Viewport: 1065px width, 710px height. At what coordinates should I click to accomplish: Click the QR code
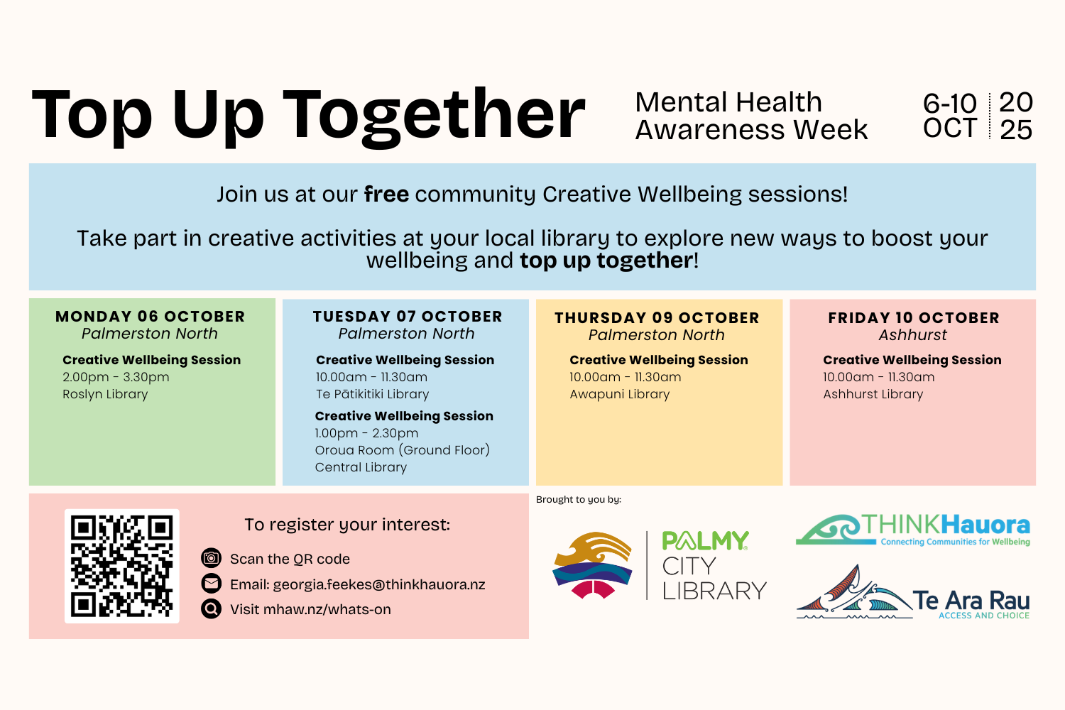click(121, 566)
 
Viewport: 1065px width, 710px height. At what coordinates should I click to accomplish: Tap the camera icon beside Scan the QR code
click(211, 558)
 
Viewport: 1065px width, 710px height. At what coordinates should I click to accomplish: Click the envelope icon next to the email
click(211, 584)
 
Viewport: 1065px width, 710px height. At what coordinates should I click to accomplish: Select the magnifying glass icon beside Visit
click(211, 608)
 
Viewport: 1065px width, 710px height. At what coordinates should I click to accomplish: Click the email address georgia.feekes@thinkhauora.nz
click(379, 584)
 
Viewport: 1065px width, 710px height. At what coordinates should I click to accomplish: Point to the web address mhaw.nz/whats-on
click(327, 609)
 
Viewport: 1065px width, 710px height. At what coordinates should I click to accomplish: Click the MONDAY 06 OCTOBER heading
click(151, 316)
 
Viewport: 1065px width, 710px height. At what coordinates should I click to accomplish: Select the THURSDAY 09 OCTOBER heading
click(657, 317)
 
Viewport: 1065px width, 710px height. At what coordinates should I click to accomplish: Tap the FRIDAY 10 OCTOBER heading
click(914, 317)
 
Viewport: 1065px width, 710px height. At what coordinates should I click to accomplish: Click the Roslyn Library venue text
click(105, 394)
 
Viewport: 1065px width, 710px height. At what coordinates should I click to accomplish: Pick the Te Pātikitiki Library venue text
click(372, 394)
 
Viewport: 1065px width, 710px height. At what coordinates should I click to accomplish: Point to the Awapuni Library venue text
click(620, 394)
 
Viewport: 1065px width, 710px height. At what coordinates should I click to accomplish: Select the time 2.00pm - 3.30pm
click(116, 377)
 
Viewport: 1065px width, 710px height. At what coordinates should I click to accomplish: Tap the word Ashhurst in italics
click(913, 335)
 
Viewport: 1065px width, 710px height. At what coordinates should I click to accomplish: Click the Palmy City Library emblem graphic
click(592, 565)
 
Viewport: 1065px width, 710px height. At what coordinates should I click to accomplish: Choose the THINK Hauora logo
click(913, 530)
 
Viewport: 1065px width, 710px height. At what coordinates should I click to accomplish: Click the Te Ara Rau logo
click(913, 592)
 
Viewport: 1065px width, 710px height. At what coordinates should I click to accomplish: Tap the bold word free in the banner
click(386, 194)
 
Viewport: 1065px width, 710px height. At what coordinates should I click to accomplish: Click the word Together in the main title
click(434, 116)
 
